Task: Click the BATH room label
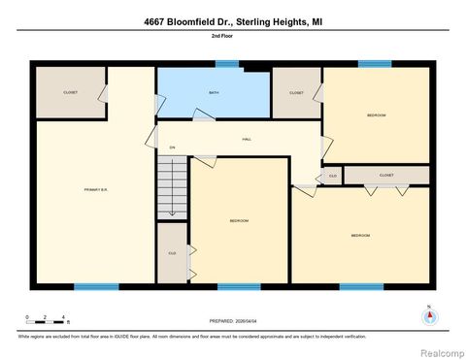coord(214,93)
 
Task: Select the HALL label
coord(247,140)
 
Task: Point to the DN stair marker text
coord(172,147)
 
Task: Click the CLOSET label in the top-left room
coord(70,92)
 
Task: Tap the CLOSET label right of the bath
coord(296,93)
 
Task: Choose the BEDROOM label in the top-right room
coord(376,115)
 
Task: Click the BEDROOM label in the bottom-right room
coord(360,235)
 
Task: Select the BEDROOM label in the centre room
coord(239,221)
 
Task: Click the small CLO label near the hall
coord(332,176)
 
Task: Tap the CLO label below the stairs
coord(172,252)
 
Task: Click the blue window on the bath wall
coord(227,64)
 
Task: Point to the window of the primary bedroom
coord(96,286)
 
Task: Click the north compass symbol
coord(426,315)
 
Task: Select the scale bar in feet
coord(47,318)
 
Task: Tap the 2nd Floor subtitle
coord(232,35)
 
